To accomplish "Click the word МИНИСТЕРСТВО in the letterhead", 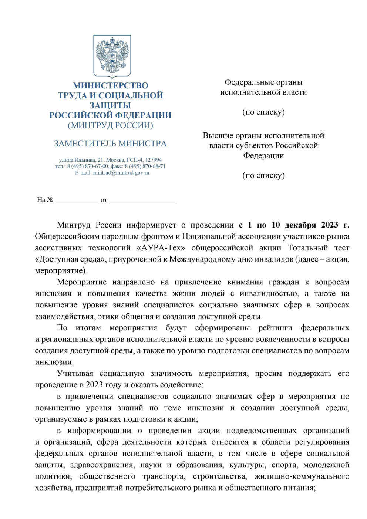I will point(110,85).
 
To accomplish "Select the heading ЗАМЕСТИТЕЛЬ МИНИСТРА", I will point(110,144).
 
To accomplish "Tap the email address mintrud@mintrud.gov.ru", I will point(121,173).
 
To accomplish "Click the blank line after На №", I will point(77,200).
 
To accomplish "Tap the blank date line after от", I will point(143,200).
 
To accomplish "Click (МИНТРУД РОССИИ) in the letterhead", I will point(110,125).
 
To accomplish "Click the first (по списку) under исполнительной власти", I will point(263,112).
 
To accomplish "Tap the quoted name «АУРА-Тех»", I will point(161,248).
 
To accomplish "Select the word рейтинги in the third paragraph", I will point(275,328).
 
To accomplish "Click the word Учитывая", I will point(75,374).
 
